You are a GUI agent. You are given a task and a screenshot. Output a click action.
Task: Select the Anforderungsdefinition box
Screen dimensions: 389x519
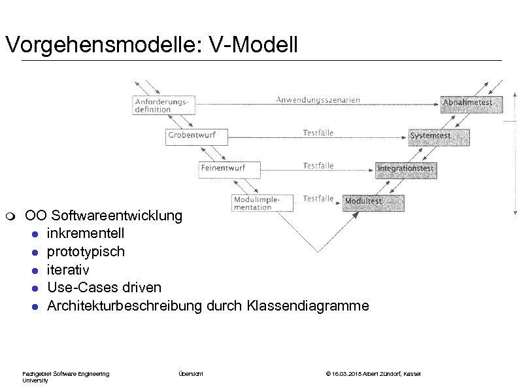point(163,105)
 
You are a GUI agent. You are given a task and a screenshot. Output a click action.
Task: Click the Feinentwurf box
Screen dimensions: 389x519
point(229,169)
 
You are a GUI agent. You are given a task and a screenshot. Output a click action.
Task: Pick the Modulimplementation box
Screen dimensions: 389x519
point(260,203)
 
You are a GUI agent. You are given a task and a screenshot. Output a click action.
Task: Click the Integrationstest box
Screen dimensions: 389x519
point(405,169)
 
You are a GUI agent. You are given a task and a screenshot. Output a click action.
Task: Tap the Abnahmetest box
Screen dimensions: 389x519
point(467,103)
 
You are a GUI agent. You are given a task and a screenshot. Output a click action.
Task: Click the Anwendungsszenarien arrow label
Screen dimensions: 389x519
point(318,100)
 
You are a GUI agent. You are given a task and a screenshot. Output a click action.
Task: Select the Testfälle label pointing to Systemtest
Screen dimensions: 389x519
point(318,133)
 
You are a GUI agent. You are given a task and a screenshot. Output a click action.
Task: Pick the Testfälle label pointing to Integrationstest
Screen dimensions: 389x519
point(318,165)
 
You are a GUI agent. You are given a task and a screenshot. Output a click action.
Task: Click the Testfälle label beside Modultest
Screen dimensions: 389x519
point(318,198)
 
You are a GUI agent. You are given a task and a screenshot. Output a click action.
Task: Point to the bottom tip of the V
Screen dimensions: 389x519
point(318,251)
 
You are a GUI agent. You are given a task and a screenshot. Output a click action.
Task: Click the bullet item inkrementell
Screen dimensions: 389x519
point(86,233)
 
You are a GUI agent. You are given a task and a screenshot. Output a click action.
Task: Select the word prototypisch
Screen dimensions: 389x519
point(86,252)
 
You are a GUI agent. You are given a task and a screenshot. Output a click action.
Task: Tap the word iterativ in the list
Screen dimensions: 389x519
point(68,269)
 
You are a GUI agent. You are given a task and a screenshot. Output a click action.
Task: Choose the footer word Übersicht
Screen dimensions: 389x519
point(191,373)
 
